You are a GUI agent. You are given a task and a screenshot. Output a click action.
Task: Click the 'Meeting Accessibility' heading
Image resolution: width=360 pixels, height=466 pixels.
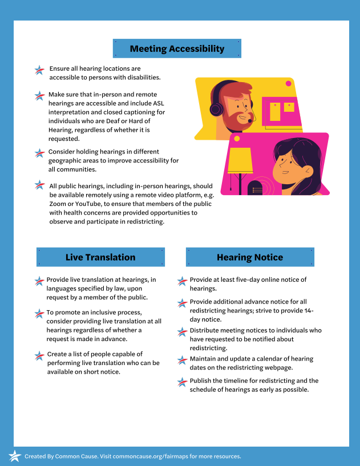click(x=177, y=48)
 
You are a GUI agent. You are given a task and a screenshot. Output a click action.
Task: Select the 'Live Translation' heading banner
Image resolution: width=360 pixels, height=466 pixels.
click(x=100, y=257)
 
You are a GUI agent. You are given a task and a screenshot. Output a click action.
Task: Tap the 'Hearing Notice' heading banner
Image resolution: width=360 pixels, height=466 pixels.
click(x=250, y=257)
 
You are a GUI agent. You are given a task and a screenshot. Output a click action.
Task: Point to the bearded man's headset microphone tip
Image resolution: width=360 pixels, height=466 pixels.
click(x=250, y=121)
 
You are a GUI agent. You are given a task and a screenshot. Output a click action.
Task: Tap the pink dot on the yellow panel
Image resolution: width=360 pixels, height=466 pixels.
click(x=288, y=84)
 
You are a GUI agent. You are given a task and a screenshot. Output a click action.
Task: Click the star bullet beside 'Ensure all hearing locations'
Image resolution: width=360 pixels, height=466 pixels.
click(x=39, y=70)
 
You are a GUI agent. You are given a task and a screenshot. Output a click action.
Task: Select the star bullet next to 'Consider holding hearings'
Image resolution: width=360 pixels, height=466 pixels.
click(x=39, y=153)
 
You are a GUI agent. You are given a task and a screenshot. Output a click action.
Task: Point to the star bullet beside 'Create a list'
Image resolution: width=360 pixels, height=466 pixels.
click(x=39, y=356)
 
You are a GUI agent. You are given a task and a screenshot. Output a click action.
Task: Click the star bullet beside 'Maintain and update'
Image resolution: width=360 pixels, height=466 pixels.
click(x=181, y=360)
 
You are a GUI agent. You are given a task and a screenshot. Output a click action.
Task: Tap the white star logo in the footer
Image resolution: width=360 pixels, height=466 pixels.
click(x=14, y=456)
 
